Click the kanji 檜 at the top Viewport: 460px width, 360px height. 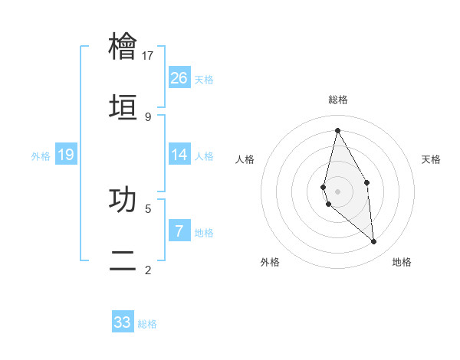(123, 47)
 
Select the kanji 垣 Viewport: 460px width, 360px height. (123, 107)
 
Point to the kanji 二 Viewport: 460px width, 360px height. (123, 260)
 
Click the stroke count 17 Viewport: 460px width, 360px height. (148, 55)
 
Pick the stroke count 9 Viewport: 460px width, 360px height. (148, 116)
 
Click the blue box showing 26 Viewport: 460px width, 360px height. (179, 77)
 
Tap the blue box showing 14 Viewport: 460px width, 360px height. (179, 155)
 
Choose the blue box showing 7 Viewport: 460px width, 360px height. (179, 231)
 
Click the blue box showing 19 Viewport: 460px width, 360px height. (66, 155)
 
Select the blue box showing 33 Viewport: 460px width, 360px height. (123, 322)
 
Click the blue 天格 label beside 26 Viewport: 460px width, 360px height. (204, 79)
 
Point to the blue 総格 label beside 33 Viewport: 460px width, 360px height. (147, 324)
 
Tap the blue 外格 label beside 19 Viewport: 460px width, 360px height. (41, 156)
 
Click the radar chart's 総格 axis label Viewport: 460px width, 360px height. (338, 100)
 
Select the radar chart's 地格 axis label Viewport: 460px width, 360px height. (402, 262)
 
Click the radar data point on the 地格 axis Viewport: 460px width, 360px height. (374, 242)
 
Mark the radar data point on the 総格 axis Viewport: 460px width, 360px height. (337, 129)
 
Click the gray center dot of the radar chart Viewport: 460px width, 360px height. (337, 191)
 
